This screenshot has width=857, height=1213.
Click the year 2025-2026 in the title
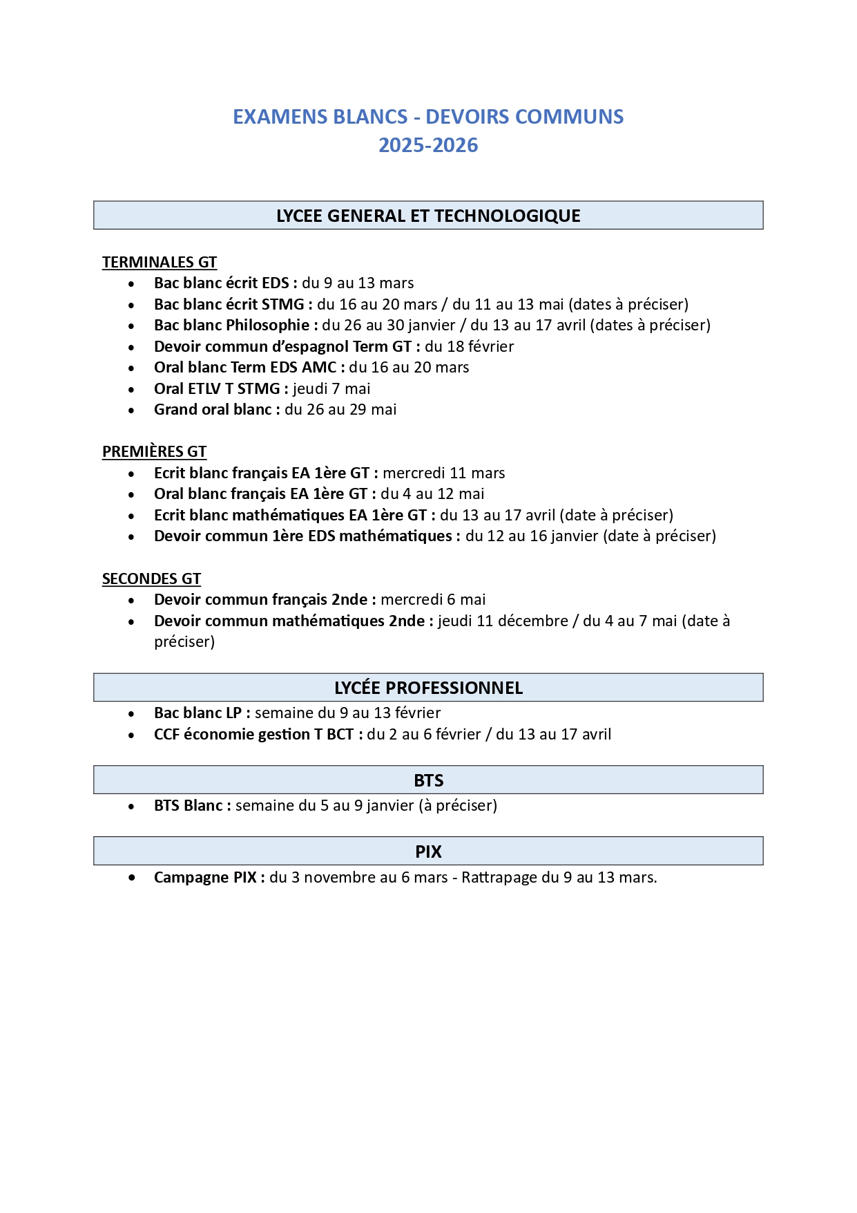[x=428, y=145]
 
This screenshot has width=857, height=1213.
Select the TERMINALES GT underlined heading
[x=160, y=262]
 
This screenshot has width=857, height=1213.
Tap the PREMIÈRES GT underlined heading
[x=154, y=451]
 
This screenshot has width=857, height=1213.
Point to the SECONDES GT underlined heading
[x=151, y=579]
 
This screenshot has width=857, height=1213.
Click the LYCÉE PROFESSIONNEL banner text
[x=428, y=688]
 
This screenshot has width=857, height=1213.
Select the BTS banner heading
[x=428, y=780]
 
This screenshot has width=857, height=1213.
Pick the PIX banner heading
[x=428, y=852]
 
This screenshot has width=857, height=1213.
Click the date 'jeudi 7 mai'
[x=331, y=388]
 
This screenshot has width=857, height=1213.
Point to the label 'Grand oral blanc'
[x=213, y=409]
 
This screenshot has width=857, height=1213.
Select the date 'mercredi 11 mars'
[x=444, y=473]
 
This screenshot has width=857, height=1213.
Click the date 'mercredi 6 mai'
[x=433, y=599]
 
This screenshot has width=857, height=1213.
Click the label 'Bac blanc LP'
[x=198, y=713]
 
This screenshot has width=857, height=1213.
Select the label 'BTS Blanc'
[x=189, y=805]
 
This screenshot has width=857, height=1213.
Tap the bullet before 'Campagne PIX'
[x=132, y=878]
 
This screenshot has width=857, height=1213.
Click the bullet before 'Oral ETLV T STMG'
[x=132, y=389]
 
